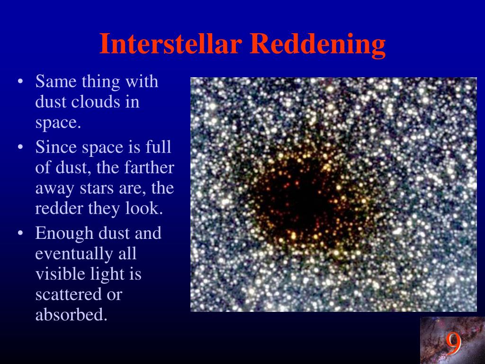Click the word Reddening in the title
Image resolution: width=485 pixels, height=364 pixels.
point(318,45)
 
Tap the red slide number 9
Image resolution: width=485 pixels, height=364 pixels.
point(453,344)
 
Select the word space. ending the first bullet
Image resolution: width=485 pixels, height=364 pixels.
point(58,123)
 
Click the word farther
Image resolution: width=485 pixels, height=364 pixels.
point(149,167)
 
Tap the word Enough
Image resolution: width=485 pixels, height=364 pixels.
point(64,234)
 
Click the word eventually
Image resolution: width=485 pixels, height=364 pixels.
point(74,254)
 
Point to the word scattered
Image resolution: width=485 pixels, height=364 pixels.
point(68,294)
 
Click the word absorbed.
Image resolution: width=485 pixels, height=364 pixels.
point(71,315)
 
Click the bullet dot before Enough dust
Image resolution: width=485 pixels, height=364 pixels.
point(20,233)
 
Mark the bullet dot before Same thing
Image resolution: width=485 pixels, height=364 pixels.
point(20,82)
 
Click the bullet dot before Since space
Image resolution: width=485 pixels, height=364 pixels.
point(20,147)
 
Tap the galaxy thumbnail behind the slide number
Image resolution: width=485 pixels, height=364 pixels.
point(452,340)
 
